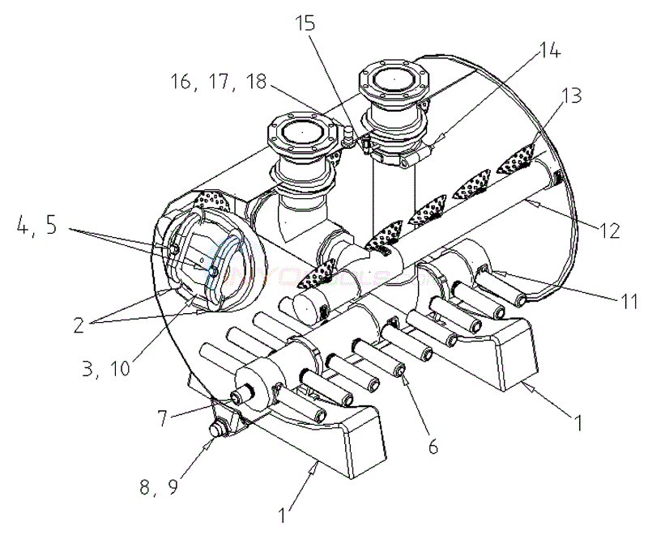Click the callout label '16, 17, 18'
tap(219, 81)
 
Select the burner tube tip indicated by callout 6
tap(400, 371)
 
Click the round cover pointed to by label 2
tap(212, 259)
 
